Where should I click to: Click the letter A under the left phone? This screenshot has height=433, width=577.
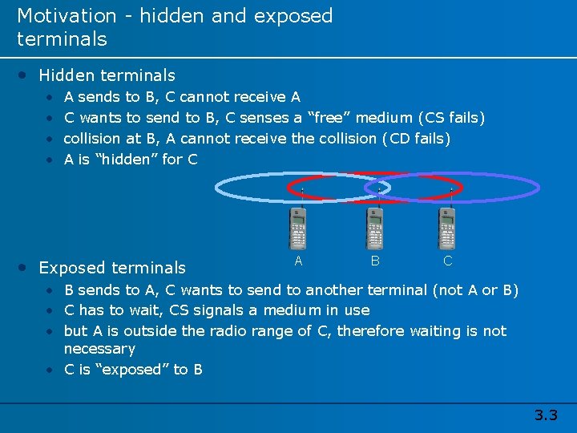(298, 261)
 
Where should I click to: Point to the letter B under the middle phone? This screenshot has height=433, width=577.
(374, 261)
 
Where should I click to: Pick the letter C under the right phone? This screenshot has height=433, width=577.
(448, 261)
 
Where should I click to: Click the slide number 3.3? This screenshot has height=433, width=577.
(546, 415)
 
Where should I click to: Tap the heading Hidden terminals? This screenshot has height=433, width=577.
(107, 75)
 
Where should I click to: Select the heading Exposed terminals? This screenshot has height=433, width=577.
(112, 268)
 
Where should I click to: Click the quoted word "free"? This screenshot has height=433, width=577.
(329, 118)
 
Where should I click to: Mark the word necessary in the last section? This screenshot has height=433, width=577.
(99, 349)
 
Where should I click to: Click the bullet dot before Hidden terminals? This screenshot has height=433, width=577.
(26, 75)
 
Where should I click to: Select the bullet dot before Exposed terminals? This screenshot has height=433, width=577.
(26, 268)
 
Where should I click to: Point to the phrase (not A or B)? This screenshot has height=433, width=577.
(475, 289)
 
